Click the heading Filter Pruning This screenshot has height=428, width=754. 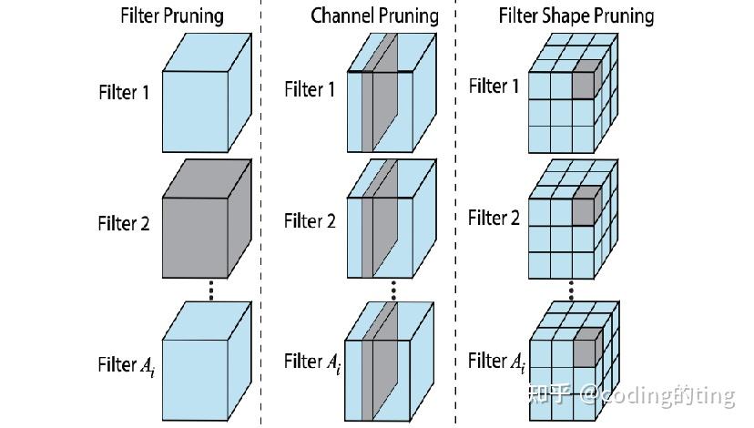pos(172,15)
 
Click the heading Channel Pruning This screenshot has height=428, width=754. pos(374,15)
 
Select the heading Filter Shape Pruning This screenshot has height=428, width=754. pos(576,15)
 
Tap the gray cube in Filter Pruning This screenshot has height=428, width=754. pos(207,219)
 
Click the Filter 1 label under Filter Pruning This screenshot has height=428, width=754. pos(124,92)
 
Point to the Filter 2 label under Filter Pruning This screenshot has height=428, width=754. pos(124,224)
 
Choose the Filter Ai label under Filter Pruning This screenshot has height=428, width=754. pos(127,365)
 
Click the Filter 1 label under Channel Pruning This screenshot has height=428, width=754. pos(310,89)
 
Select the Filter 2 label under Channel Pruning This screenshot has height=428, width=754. pos(310,221)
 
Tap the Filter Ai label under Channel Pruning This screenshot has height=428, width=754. pos(312,362)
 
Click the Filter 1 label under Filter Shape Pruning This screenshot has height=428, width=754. pos(494,87)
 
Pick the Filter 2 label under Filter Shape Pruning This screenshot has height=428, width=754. pos(494,218)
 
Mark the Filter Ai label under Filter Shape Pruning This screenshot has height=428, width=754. pos(496,362)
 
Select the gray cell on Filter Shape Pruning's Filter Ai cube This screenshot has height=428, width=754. pos(587,349)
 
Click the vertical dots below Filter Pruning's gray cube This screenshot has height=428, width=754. pos(210,290)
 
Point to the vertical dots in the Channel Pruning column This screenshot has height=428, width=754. pos(393,290)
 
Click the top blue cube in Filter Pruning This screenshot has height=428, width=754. pos(207,93)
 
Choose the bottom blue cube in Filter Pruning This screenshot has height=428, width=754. pos(207,362)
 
